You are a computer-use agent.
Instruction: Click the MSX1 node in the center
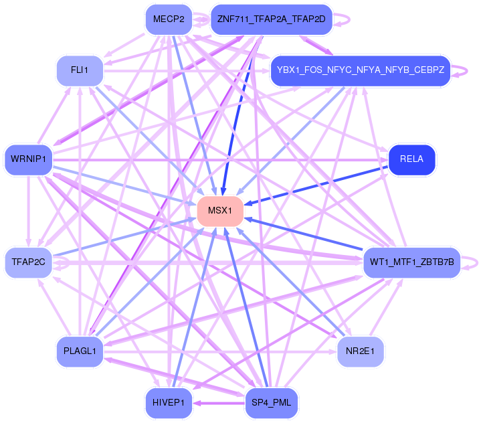point(219,211)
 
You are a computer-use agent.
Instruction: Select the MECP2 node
point(169,19)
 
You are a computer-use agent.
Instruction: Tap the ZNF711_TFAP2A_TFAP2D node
point(271,19)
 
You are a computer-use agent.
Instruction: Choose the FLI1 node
point(80,70)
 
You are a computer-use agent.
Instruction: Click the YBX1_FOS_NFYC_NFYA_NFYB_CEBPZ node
point(361,70)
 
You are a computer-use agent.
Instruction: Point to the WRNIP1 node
point(28,159)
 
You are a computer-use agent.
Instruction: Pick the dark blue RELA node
point(411,159)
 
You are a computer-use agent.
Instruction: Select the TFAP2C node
point(28,262)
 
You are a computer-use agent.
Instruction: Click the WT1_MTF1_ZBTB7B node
point(411,262)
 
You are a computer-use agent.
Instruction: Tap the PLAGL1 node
point(80,350)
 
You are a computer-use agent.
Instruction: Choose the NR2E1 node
point(361,350)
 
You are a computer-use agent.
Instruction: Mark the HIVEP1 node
point(169,402)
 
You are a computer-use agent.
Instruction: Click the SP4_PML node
point(271,402)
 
